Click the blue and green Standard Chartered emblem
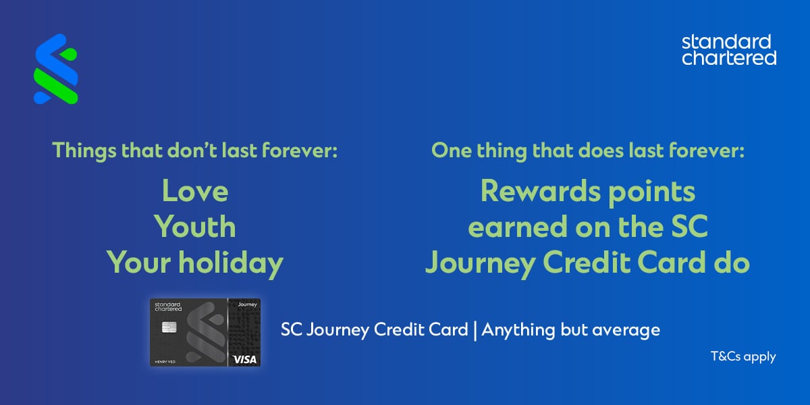coord(55,69)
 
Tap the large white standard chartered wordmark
coord(729,51)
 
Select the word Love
coord(195,192)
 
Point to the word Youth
coord(195,227)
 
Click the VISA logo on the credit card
coord(244,359)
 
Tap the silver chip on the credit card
coord(169,328)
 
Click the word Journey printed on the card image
coord(244,305)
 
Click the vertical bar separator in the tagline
coord(475,331)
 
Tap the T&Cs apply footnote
coord(742,356)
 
